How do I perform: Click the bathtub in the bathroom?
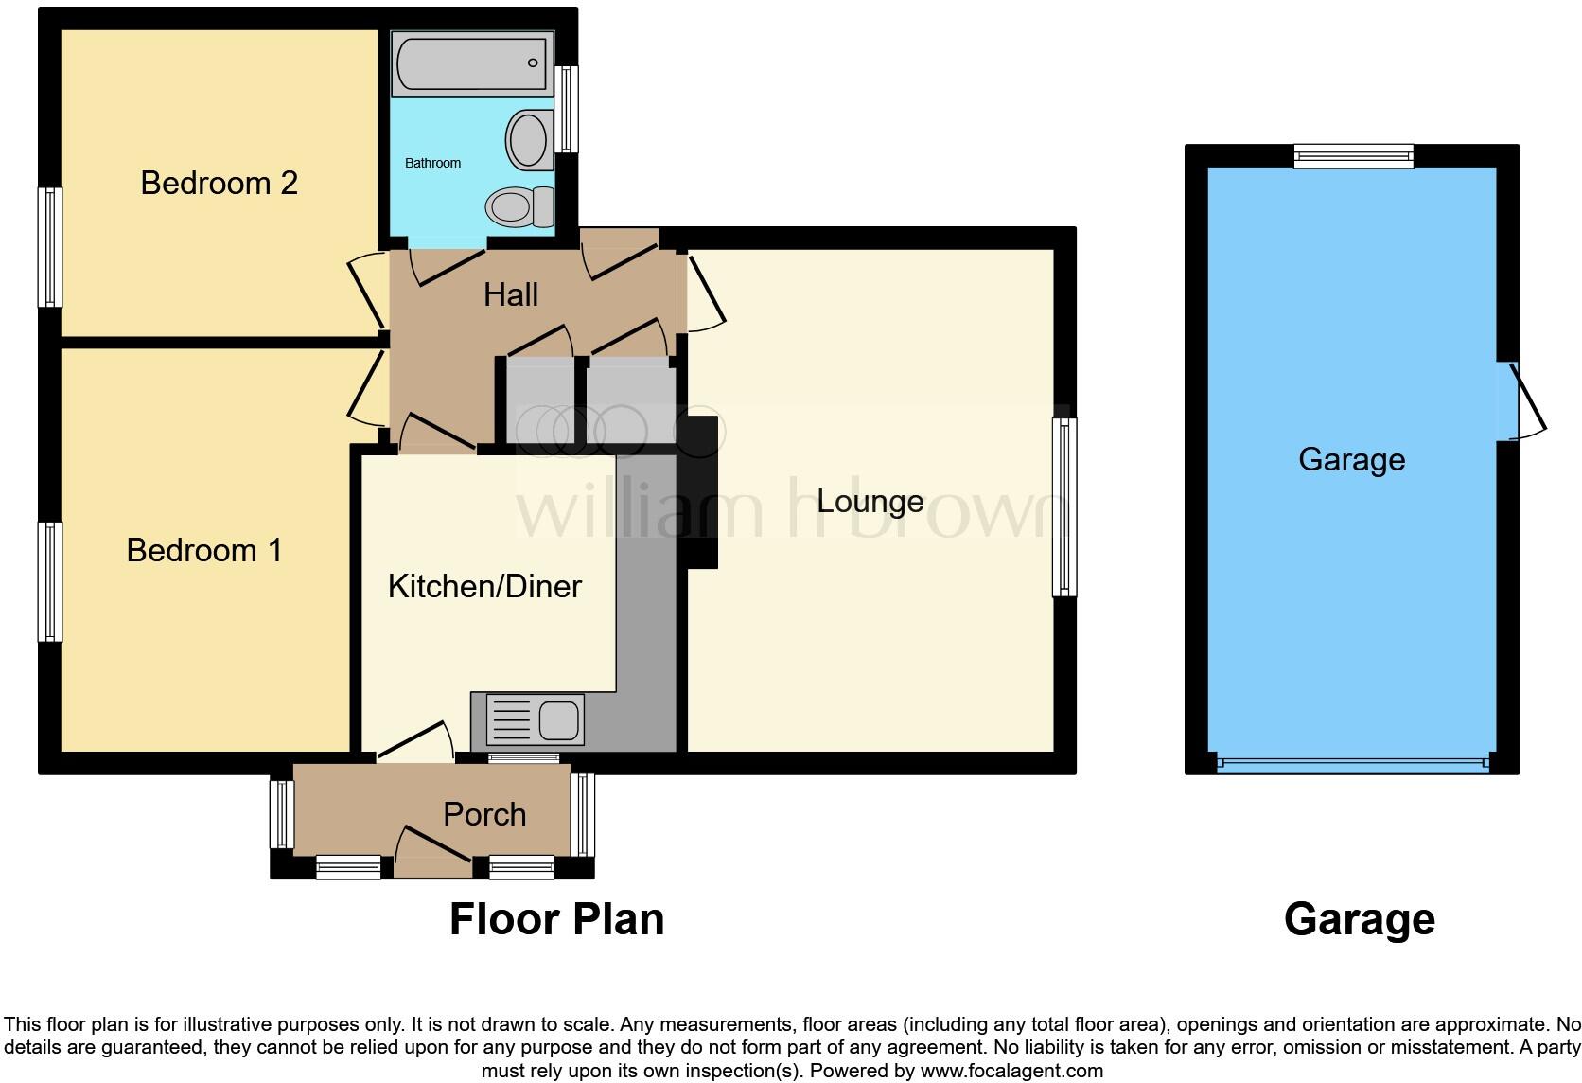(471, 64)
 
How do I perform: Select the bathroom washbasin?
(528, 140)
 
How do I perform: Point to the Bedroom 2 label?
(219, 183)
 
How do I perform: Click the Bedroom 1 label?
(204, 550)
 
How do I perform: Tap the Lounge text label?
(870, 501)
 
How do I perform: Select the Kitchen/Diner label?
(484, 586)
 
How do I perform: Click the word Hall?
(510, 294)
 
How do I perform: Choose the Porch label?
(484, 814)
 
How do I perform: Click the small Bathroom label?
(432, 163)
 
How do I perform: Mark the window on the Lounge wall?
(1064, 506)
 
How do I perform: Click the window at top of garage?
(1353, 156)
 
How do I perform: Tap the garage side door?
(1520, 401)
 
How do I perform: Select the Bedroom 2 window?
(50, 247)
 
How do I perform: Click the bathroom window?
(566, 109)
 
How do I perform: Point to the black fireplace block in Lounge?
(701, 492)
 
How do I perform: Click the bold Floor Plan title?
(556, 919)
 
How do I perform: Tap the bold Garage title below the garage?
(1359, 919)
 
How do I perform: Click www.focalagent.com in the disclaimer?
(1011, 1072)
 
